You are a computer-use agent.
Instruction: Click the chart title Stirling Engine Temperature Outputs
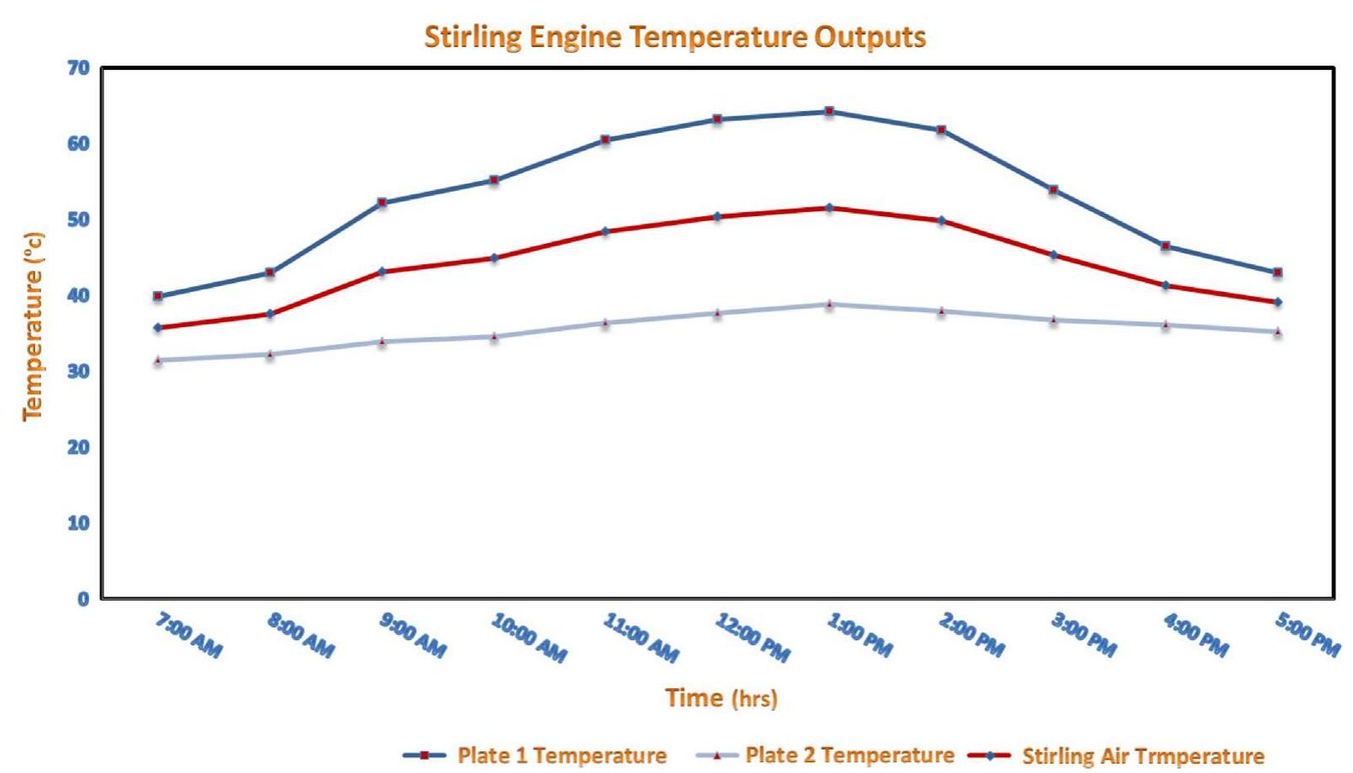(x=674, y=37)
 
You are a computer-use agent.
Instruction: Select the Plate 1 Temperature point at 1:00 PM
(x=829, y=111)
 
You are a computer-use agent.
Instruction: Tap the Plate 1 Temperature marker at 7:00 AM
(x=158, y=296)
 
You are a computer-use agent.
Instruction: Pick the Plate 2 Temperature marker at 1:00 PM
(x=829, y=304)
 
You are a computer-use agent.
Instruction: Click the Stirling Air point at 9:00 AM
(x=382, y=272)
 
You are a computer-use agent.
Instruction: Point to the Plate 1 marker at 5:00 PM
(x=1277, y=273)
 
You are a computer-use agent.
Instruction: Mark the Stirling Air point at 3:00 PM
(x=1053, y=255)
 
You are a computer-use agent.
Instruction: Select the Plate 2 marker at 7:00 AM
(x=158, y=360)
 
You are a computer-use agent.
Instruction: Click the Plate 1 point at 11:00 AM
(x=605, y=140)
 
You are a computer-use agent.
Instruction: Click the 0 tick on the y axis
(x=83, y=599)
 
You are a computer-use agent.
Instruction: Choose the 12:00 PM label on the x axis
(x=753, y=638)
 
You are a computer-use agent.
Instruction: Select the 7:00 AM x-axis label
(x=189, y=636)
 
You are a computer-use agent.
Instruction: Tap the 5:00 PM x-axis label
(x=1308, y=636)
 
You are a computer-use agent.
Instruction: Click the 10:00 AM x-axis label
(x=529, y=638)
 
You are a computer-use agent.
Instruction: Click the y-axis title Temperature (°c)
(x=34, y=326)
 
